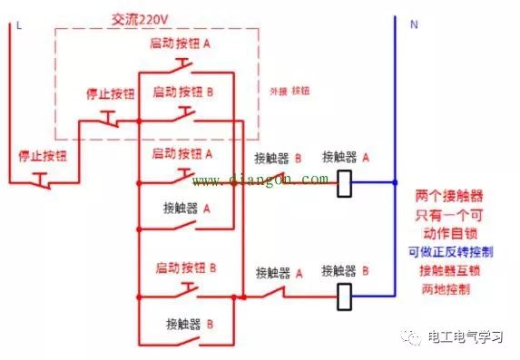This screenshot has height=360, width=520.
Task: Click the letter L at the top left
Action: (18, 25)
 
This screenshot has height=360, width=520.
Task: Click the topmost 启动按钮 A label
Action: (182, 43)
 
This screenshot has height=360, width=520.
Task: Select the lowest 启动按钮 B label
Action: (187, 268)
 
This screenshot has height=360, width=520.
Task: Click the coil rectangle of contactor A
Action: (345, 183)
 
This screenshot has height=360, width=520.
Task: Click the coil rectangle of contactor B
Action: (345, 295)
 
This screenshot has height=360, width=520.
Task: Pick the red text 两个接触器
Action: (448, 196)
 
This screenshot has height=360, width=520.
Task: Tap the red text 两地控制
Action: (446, 289)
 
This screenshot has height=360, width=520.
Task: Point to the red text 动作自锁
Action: (449, 233)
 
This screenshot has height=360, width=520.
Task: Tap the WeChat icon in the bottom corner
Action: (414, 337)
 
